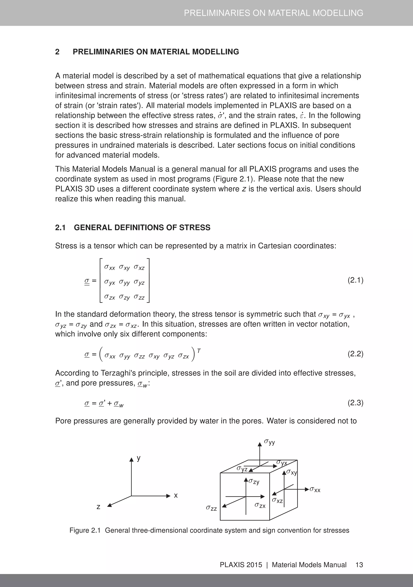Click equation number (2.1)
355,280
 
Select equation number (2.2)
355,354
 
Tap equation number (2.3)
355,403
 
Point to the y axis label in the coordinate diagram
139,458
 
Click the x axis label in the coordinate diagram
176,495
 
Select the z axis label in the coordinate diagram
98,506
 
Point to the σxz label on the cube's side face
277,500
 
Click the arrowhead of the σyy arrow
260,445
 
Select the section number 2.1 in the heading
60,228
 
